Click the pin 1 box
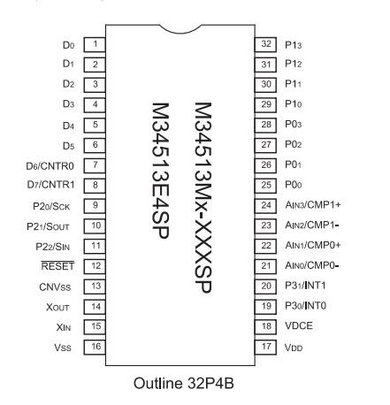tap(95, 45)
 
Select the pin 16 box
tap(95, 347)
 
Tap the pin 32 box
tap(265, 45)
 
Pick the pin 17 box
tap(265, 347)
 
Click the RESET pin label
tap(57, 266)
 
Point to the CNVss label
tap(55, 287)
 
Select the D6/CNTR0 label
tap(50, 166)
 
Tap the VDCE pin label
tap(299, 325)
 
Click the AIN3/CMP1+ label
tap(313, 205)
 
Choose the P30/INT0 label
tap(305, 306)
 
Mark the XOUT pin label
tap(57, 308)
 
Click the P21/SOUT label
tap(48, 226)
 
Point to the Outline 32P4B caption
tap(184, 384)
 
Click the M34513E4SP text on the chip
tap(160, 171)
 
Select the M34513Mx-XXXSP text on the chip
tap(203, 197)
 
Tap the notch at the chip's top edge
tap(180, 29)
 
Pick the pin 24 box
tap(265, 206)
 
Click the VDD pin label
tap(294, 348)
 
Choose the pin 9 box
tap(95, 206)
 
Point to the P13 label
tap(294, 45)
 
